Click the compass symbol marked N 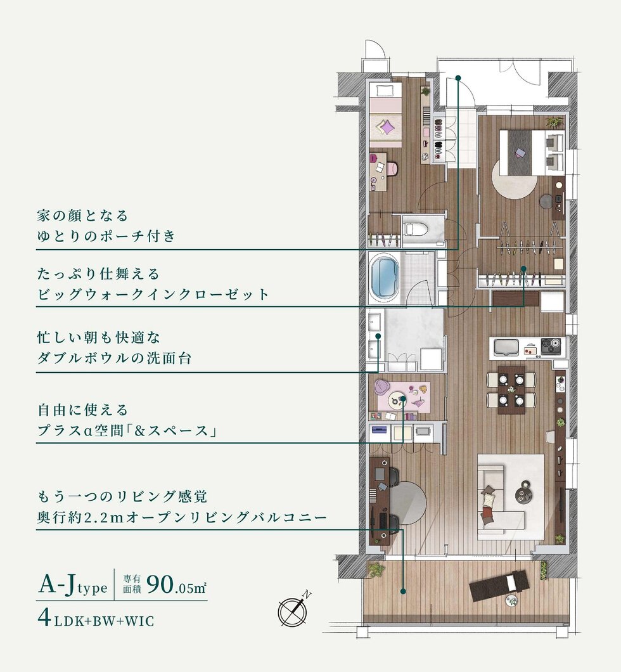pos(293,610)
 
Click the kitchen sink pos(506,347)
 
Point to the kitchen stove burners pos(550,347)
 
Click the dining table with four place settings pos(511,389)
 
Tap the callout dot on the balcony pos(403,590)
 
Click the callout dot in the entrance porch pos(458,79)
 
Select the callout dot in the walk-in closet pos(524,269)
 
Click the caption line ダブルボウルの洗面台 pos(115,358)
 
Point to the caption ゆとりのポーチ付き pos(106,236)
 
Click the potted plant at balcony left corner pos(376,569)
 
